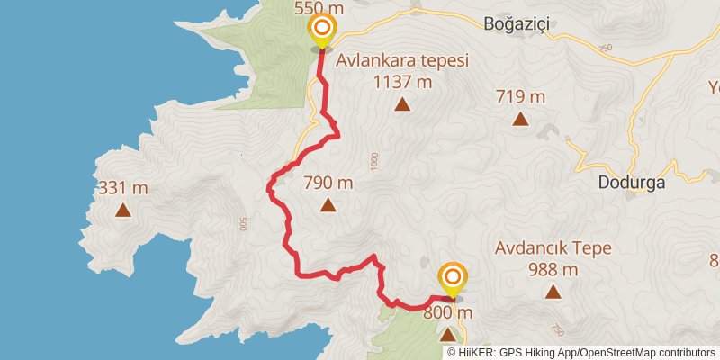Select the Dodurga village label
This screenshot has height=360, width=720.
click(x=631, y=182)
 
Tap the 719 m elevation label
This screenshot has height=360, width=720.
click(x=519, y=96)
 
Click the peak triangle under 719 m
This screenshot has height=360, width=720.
click(x=519, y=118)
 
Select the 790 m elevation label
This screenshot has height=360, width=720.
click(x=328, y=183)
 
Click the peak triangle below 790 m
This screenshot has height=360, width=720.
click(x=328, y=205)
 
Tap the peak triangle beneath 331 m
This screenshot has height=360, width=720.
click(x=121, y=211)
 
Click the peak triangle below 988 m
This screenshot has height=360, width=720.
click(x=553, y=291)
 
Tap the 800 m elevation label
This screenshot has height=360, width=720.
click(x=448, y=313)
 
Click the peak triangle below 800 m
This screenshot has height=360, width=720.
click(x=448, y=335)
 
